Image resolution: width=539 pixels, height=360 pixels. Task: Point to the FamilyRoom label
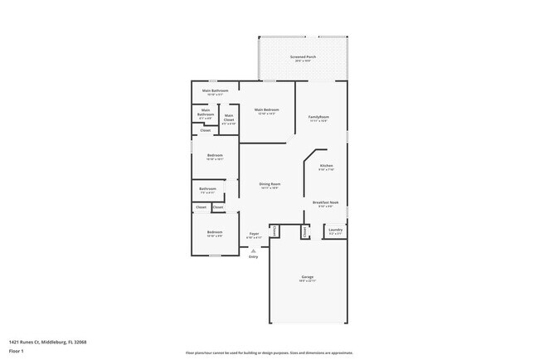pyautogui.click(x=318, y=119)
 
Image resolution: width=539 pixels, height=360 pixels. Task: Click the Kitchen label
pyautogui.click(x=327, y=167)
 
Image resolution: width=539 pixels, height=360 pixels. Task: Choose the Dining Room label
pyautogui.click(x=269, y=185)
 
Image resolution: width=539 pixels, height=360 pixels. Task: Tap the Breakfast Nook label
pyautogui.click(x=325, y=203)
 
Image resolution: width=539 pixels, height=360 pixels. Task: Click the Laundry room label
pyautogui.click(x=335, y=231)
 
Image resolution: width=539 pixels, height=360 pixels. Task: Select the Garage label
pyautogui.click(x=307, y=278)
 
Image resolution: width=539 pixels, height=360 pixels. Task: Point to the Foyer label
pyautogui.click(x=254, y=235)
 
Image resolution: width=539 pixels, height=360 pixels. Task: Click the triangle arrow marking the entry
pyautogui.click(x=254, y=249)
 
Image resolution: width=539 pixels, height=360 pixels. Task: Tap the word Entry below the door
pyautogui.click(x=254, y=256)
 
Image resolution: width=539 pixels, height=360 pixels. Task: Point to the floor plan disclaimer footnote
pyautogui.click(x=269, y=353)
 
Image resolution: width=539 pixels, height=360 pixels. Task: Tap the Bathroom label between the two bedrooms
pyautogui.click(x=207, y=189)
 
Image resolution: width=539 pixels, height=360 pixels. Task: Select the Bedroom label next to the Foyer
pyautogui.click(x=214, y=233)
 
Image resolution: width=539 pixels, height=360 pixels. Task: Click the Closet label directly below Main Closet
pyautogui.click(x=205, y=130)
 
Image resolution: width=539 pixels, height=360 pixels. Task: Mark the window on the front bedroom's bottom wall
pyautogui.click(x=214, y=255)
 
